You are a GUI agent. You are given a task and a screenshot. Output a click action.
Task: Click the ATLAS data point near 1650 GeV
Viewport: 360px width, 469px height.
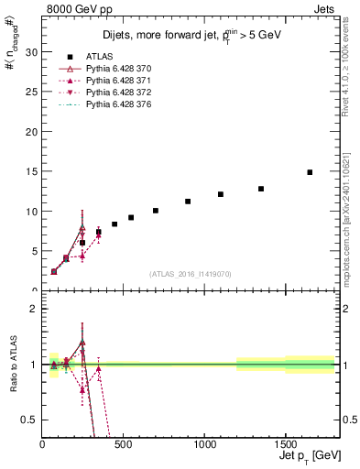click(x=310, y=172)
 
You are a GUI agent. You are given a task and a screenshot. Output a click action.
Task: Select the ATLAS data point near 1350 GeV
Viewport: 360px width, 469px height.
click(x=261, y=189)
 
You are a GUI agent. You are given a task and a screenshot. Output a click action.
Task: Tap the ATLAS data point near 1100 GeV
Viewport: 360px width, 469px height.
click(x=221, y=194)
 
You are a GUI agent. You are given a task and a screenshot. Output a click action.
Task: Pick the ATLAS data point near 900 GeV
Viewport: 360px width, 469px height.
click(x=188, y=202)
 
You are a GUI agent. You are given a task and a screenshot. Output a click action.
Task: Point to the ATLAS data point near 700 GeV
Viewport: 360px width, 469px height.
click(x=156, y=211)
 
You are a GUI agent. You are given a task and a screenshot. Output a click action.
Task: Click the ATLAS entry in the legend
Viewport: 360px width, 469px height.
click(x=98, y=57)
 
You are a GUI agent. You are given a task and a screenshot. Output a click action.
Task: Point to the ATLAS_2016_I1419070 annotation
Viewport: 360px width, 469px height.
click(x=190, y=273)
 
